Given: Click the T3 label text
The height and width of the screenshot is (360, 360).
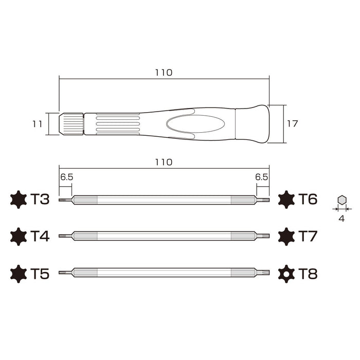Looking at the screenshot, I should (40, 200).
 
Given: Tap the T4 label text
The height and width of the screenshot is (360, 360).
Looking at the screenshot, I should (40, 237).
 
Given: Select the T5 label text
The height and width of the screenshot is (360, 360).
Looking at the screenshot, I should (40, 274).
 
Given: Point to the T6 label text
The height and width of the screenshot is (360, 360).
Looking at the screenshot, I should (308, 200).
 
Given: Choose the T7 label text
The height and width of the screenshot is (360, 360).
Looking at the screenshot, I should (308, 237).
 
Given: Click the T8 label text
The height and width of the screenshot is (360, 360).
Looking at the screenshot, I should (308, 274).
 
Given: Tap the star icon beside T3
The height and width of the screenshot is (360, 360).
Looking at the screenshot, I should (18, 200).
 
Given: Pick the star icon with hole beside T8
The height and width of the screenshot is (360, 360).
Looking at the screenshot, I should (286, 274).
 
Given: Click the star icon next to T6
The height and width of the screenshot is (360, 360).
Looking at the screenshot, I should (286, 200).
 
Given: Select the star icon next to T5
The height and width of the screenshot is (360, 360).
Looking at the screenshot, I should (18, 274).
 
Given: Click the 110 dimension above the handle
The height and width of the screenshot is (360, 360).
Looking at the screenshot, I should (164, 73).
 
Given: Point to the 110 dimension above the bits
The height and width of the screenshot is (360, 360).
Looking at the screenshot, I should (164, 161).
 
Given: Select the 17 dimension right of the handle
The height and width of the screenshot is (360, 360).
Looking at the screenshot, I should (292, 124).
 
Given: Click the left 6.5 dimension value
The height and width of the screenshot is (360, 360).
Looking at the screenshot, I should (66, 176).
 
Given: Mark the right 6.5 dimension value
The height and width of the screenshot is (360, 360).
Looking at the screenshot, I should (261, 176).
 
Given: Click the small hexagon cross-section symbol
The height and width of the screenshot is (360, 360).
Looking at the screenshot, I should (341, 200).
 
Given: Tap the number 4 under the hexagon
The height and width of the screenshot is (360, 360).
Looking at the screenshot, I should (341, 218).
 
